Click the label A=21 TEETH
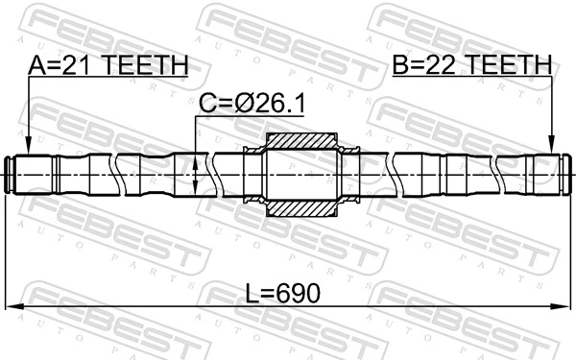(x=108, y=65)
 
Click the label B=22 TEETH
(x=471, y=65)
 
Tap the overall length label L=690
(x=280, y=291)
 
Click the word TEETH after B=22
(x=511, y=65)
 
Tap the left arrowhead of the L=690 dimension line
(x=12, y=307)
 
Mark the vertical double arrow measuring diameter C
(x=196, y=175)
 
